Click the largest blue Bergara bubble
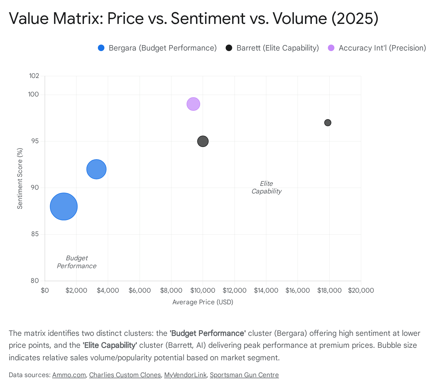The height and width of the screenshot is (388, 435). point(64,206)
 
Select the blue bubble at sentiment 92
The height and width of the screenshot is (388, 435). point(96,169)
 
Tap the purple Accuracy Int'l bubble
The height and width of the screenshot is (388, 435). point(193,104)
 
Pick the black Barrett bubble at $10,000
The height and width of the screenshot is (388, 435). point(203,141)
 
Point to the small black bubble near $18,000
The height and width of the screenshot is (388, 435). point(328,123)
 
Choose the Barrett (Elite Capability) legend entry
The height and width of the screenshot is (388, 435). point(272,48)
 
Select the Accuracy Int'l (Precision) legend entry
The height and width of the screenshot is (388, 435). point(377,48)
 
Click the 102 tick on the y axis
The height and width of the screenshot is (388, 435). point(34,76)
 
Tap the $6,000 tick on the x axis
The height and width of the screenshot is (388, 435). point(140,290)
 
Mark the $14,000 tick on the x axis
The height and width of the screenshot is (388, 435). point(266,290)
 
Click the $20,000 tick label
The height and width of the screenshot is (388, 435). point(361,290)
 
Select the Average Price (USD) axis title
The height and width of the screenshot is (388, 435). point(203,302)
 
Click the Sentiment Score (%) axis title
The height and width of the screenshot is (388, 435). point(20,179)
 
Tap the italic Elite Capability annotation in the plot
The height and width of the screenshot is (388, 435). point(266,187)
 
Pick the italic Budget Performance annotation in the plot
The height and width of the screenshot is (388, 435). point(77,262)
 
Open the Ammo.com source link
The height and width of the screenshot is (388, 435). point(69,375)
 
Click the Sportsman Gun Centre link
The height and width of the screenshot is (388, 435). point(244,375)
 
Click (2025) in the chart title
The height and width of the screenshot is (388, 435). point(355,18)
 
